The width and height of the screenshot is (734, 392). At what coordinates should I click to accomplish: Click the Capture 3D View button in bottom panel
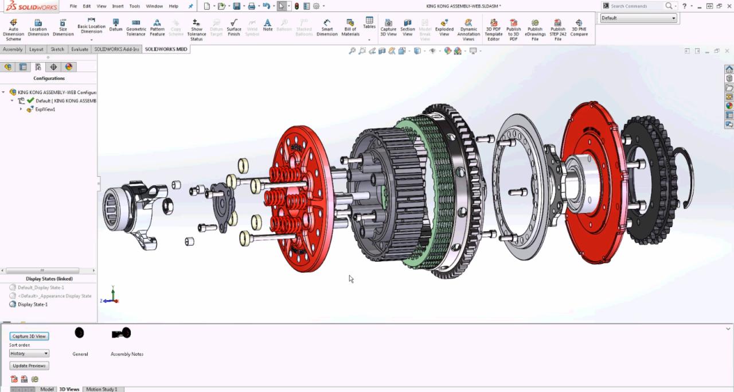tap(29, 336)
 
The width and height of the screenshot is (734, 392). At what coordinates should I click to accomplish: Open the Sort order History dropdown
tap(29, 354)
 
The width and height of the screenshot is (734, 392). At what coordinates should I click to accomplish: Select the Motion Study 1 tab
tap(101, 389)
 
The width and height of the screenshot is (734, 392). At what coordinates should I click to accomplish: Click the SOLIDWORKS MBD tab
tap(166, 49)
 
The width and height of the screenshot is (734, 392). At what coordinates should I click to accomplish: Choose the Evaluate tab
tap(80, 49)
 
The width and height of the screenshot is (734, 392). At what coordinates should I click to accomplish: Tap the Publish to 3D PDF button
tap(513, 29)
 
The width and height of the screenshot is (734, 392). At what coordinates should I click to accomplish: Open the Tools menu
tap(134, 6)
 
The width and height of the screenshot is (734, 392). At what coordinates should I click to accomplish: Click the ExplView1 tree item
tap(45, 109)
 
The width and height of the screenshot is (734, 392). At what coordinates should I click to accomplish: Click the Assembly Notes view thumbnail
tap(122, 333)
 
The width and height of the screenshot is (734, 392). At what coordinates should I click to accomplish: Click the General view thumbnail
tap(80, 333)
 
